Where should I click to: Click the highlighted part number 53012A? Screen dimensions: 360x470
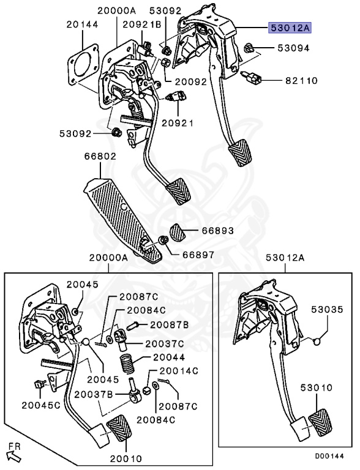[290, 28]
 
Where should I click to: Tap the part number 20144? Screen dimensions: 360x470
[82, 24]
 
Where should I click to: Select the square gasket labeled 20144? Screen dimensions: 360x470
[83, 65]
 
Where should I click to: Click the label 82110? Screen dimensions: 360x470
[301, 80]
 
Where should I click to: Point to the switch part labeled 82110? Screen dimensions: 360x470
[252, 77]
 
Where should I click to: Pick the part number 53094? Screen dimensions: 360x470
[293, 48]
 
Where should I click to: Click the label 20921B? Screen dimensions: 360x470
[141, 24]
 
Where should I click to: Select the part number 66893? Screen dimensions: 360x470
[217, 230]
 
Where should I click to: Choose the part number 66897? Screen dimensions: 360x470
[198, 255]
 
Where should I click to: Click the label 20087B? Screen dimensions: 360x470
[169, 324]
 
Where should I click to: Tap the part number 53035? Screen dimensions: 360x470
[327, 309]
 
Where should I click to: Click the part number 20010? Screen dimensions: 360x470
[126, 458]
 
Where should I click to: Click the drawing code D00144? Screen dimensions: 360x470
[329, 456]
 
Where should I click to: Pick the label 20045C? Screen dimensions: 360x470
[41, 405]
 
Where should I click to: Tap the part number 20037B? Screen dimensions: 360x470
[94, 394]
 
